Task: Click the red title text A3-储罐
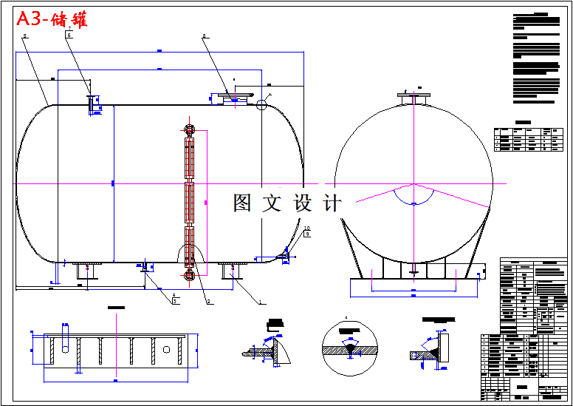(52, 19)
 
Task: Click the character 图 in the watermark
(243, 203)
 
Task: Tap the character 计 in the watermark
(333, 203)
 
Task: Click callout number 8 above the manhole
(205, 35)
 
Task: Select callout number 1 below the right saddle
(260, 301)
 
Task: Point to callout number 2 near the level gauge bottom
(208, 301)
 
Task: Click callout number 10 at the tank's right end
(306, 229)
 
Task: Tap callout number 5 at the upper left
(24, 35)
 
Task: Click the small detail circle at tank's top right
(261, 105)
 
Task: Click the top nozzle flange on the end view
(413, 95)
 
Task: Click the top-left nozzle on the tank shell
(92, 104)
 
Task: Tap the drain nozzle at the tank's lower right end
(283, 257)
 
